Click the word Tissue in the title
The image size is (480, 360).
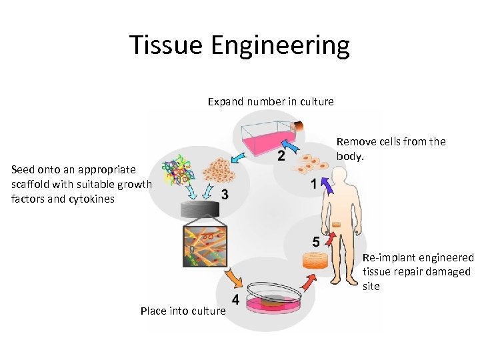point(166,45)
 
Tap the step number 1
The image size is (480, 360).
point(314,185)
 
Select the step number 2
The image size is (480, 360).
point(281,156)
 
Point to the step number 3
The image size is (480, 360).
point(225,195)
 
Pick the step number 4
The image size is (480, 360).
point(235,299)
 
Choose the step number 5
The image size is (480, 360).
point(315,241)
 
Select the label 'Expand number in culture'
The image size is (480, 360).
point(271,101)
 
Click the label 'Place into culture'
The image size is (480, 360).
point(183,311)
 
